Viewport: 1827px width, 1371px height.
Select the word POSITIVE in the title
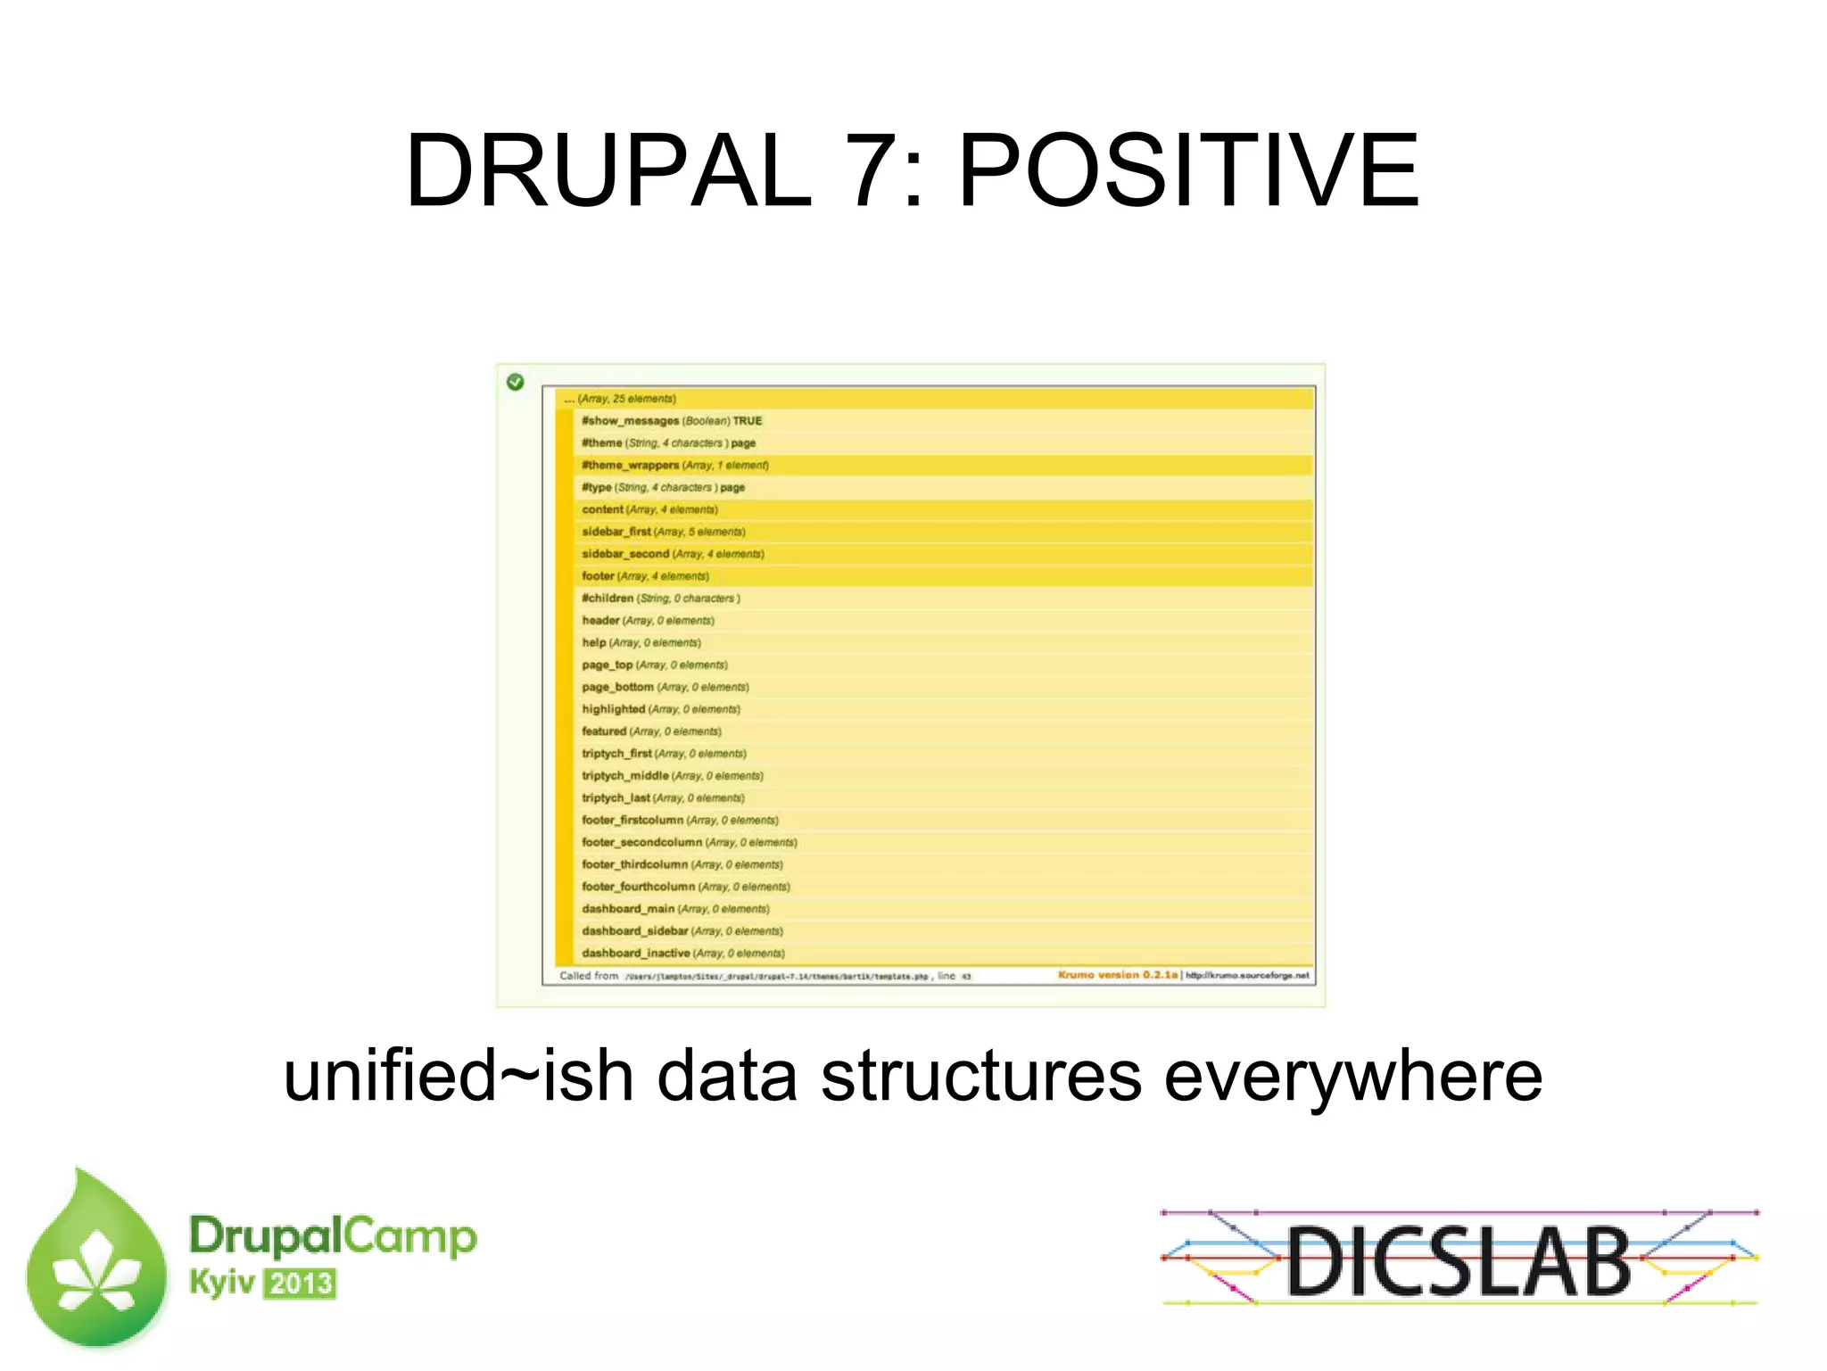click(x=1188, y=170)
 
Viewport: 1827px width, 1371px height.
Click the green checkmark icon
click(x=516, y=382)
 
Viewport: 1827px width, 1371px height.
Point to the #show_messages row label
click(x=630, y=421)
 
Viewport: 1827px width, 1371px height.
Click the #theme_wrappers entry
click(x=630, y=466)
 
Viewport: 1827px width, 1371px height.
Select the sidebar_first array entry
click(x=616, y=532)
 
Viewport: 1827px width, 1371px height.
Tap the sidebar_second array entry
click(x=625, y=554)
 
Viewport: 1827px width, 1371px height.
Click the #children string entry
click(x=608, y=599)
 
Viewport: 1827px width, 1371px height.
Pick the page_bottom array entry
click(x=617, y=687)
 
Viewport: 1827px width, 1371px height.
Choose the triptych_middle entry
click(x=624, y=776)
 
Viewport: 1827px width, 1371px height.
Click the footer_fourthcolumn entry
click(x=638, y=887)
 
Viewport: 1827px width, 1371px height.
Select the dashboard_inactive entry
click(x=635, y=954)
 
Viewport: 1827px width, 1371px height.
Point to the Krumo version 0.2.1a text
click(x=1118, y=975)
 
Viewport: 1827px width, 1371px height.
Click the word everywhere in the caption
click(x=1353, y=1076)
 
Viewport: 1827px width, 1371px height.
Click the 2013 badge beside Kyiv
click(x=301, y=1284)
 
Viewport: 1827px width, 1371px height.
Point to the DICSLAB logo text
click(x=1459, y=1260)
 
